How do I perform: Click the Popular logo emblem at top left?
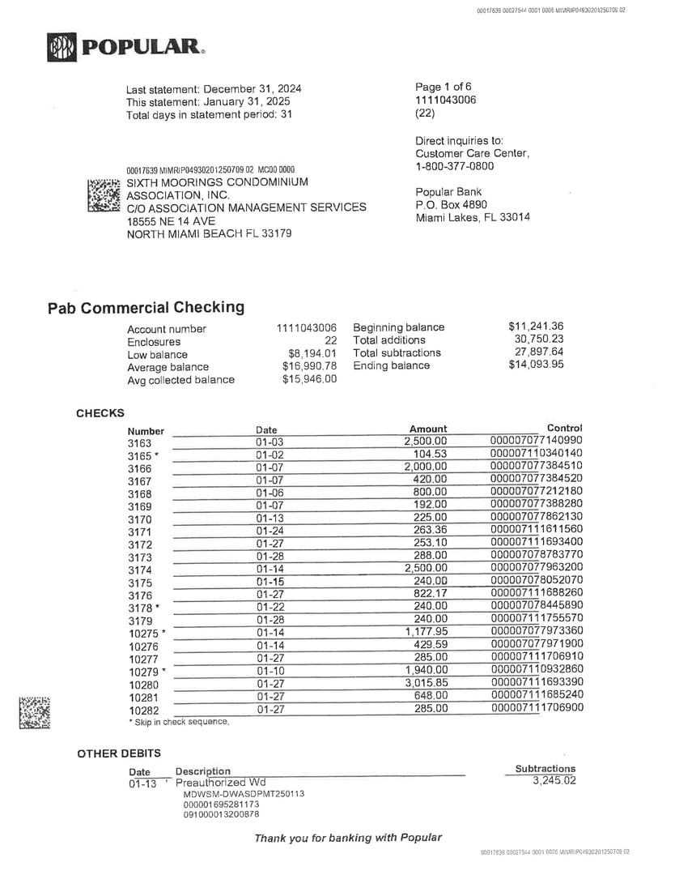[x=62, y=47]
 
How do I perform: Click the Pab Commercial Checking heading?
[x=146, y=308]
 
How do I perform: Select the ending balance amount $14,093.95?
[x=536, y=365]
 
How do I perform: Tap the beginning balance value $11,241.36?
[x=536, y=327]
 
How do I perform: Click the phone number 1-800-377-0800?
[x=454, y=166]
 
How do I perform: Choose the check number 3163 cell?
[x=139, y=443]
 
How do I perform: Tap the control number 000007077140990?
[x=536, y=441]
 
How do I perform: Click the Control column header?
[x=564, y=428]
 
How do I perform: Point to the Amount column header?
[x=428, y=429]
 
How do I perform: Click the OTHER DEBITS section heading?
[x=119, y=753]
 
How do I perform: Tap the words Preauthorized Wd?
[x=220, y=783]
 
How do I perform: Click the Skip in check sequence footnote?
[x=179, y=722]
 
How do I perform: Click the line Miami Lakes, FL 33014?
[x=473, y=217]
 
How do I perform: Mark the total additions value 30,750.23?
[x=539, y=339]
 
